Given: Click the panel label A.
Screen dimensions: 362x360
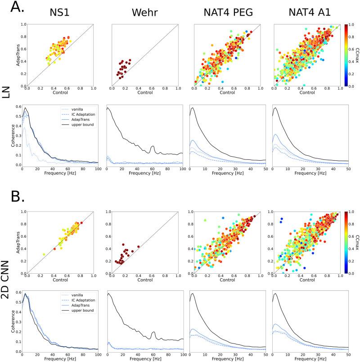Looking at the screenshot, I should tap(11, 8).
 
